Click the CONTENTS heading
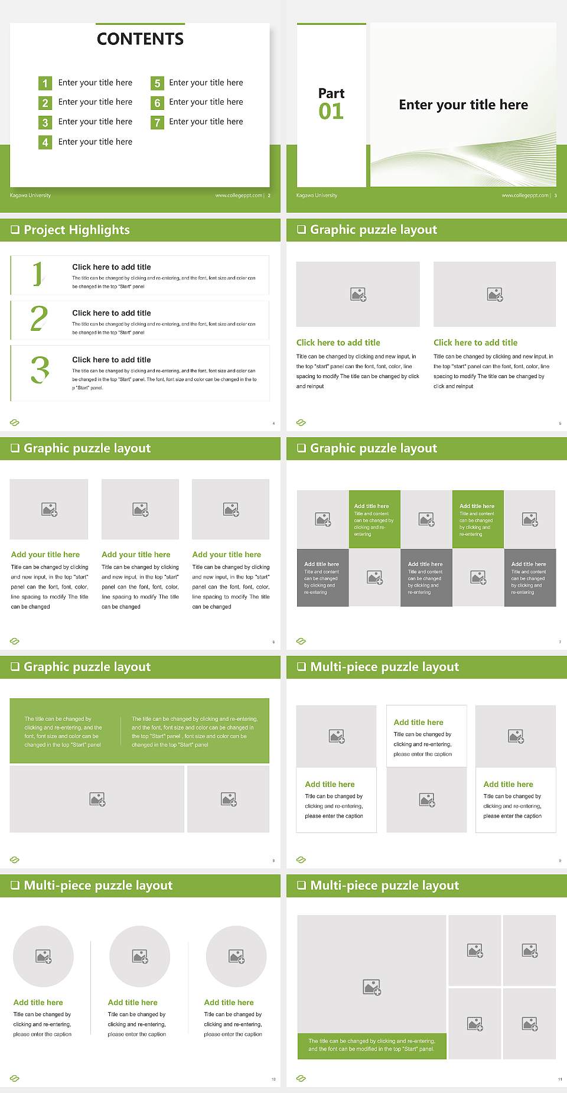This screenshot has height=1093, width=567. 140,39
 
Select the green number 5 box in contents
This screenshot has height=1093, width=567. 157,83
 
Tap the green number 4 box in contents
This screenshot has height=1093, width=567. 45,142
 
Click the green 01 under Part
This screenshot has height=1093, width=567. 331,111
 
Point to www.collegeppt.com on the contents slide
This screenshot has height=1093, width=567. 239,196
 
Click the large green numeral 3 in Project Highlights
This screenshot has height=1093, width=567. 40,370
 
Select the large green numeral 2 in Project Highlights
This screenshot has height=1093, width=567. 39,318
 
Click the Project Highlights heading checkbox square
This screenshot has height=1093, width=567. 15,230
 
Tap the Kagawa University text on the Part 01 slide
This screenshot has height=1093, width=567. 317,196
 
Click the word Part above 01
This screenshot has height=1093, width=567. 331,93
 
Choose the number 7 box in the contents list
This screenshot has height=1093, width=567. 157,122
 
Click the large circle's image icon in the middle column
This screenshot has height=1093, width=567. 140,957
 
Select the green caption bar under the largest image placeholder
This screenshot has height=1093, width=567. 372,1045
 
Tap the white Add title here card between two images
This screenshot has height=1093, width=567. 426,736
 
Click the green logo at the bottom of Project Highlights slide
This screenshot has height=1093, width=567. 15,422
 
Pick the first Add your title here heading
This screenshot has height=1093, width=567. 45,555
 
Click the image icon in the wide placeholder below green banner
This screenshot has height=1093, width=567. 97,799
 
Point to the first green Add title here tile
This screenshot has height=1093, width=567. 374,519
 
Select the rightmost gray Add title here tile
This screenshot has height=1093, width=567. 530,577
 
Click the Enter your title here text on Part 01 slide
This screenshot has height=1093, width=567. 463,105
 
